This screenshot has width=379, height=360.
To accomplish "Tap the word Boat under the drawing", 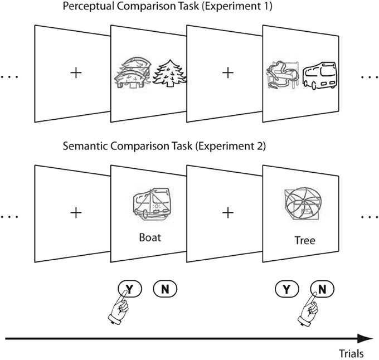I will click(x=150, y=237).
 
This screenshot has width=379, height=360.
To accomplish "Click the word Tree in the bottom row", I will click(x=304, y=241).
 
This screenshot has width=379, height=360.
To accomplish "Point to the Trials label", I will click(x=352, y=353).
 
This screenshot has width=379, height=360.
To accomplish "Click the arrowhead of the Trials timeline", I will click(x=366, y=338).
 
